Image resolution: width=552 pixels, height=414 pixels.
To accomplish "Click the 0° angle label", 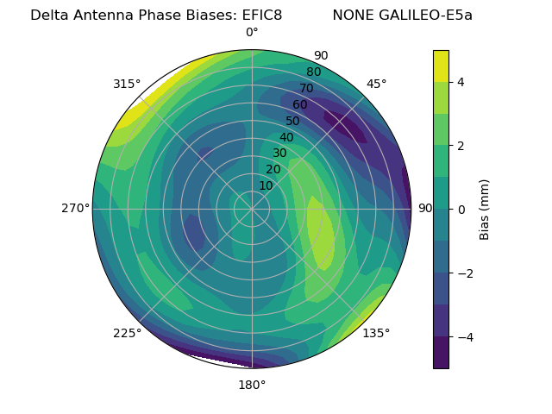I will tap(252, 33).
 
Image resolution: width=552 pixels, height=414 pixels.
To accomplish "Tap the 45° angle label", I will tap(376, 84).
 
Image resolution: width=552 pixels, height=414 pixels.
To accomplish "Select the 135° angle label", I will tap(376, 333).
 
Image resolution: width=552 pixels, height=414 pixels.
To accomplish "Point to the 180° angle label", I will tap(252, 385).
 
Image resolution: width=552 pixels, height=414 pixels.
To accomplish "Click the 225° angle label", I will tap(127, 333).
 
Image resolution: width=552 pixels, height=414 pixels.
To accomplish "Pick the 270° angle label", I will tap(76, 208).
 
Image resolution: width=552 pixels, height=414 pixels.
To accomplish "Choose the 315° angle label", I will tap(127, 84).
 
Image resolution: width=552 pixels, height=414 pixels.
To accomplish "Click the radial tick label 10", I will tap(266, 185).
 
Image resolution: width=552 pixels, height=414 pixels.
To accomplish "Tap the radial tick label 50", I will tap(293, 121).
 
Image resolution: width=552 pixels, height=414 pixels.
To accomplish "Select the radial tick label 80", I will tap(314, 72).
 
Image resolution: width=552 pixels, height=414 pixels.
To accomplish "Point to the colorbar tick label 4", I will tap(461, 82).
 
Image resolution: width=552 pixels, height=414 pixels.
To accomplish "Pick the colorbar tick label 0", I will tap(461, 210).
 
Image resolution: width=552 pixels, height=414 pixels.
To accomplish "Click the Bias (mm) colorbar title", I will tap(485, 210).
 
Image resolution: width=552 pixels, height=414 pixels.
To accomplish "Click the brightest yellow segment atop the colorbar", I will tap(441, 66).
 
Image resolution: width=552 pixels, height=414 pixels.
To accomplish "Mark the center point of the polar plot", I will tap(252, 209).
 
